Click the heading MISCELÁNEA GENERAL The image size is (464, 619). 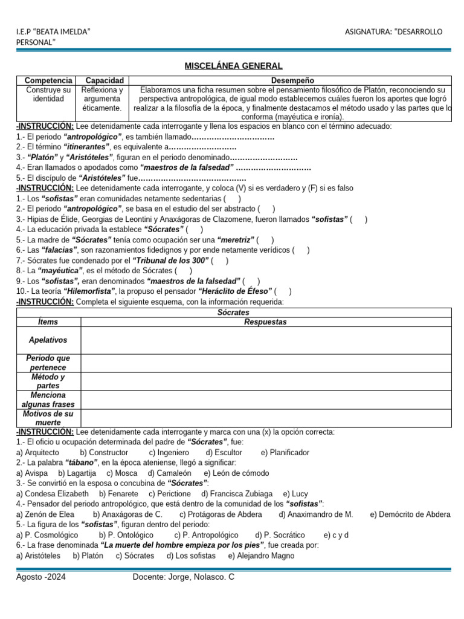point(233,66)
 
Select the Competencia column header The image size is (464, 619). point(48,80)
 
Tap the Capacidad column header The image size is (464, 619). point(105,80)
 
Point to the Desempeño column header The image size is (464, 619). point(292,80)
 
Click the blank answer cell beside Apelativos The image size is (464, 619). point(266,340)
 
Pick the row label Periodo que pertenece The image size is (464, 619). point(48,363)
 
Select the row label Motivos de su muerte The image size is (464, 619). point(48,418)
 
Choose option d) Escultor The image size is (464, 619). point(224,452)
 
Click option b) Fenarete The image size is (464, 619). point(119,493)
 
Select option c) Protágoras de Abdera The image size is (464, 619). point(221,514)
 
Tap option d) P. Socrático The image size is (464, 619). point(280,535)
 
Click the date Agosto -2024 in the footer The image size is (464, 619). point(41,577)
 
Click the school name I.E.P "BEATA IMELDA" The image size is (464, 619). point(53,31)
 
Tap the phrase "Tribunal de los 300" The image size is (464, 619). point(175,261)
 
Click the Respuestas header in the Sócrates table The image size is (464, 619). point(265,322)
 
